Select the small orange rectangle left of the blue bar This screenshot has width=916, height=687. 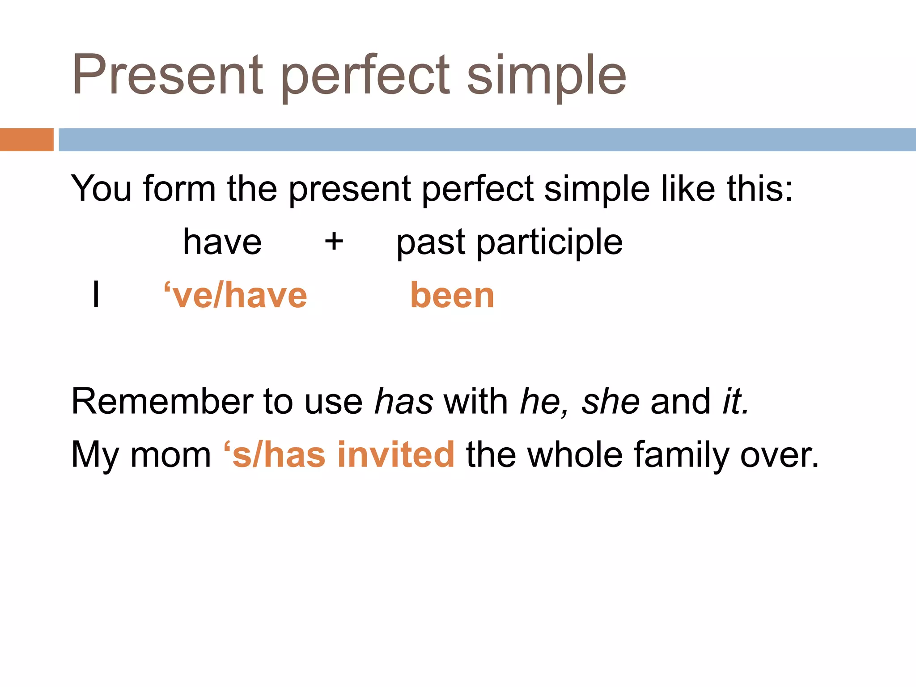click(x=26, y=140)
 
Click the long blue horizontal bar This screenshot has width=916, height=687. click(x=487, y=140)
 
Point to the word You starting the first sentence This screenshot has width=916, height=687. click(x=101, y=188)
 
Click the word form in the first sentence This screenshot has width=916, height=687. click(x=179, y=188)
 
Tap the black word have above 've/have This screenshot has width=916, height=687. click(x=222, y=242)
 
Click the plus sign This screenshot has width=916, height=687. click(x=334, y=242)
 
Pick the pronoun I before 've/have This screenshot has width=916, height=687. click(x=96, y=295)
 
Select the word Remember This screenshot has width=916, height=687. click(x=161, y=401)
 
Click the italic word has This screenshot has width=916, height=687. click(x=403, y=401)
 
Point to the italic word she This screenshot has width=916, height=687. click(x=610, y=401)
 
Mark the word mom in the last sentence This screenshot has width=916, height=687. click(x=170, y=455)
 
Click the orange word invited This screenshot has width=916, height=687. click(x=396, y=455)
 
